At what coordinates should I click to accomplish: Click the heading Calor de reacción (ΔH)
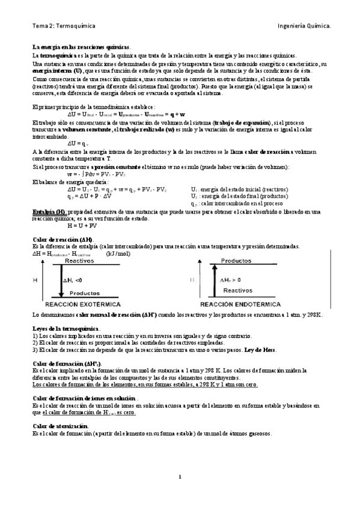[x=62, y=240]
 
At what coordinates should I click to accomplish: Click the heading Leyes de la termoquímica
[x=66, y=328]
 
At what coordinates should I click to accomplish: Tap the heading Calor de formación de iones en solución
[x=84, y=399]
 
